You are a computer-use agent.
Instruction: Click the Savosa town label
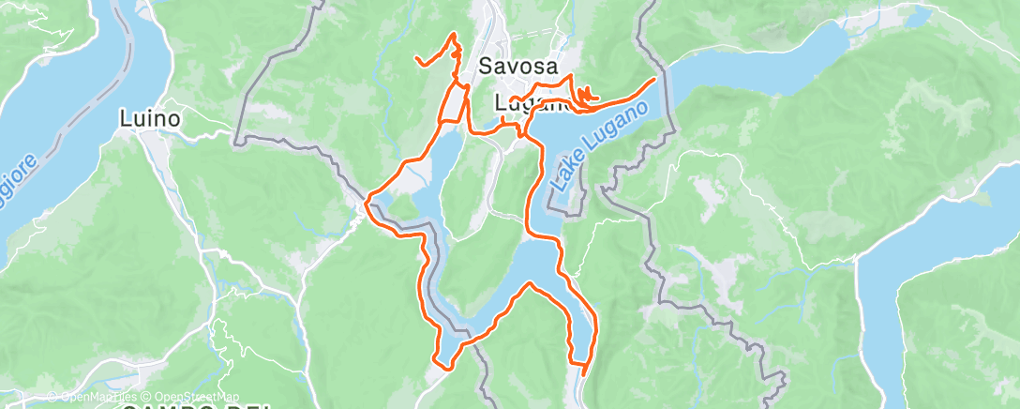pyautogui.click(x=517, y=67)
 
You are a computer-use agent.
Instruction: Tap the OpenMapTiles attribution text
pyautogui.click(x=99, y=397)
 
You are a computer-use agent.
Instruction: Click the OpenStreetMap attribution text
pyautogui.click(x=196, y=397)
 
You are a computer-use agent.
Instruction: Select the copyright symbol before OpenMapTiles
pyautogui.click(x=52, y=397)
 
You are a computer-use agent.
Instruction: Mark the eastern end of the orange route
pyautogui.click(x=653, y=80)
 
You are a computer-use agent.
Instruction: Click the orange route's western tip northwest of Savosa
pyautogui.click(x=416, y=59)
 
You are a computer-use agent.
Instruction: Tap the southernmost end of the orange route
pyautogui.click(x=583, y=373)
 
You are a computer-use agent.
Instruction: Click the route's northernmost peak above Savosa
pyautogui.click(x=455, y=34)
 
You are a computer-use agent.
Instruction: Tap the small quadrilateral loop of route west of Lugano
pyautogui.click(x=456, y=103)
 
